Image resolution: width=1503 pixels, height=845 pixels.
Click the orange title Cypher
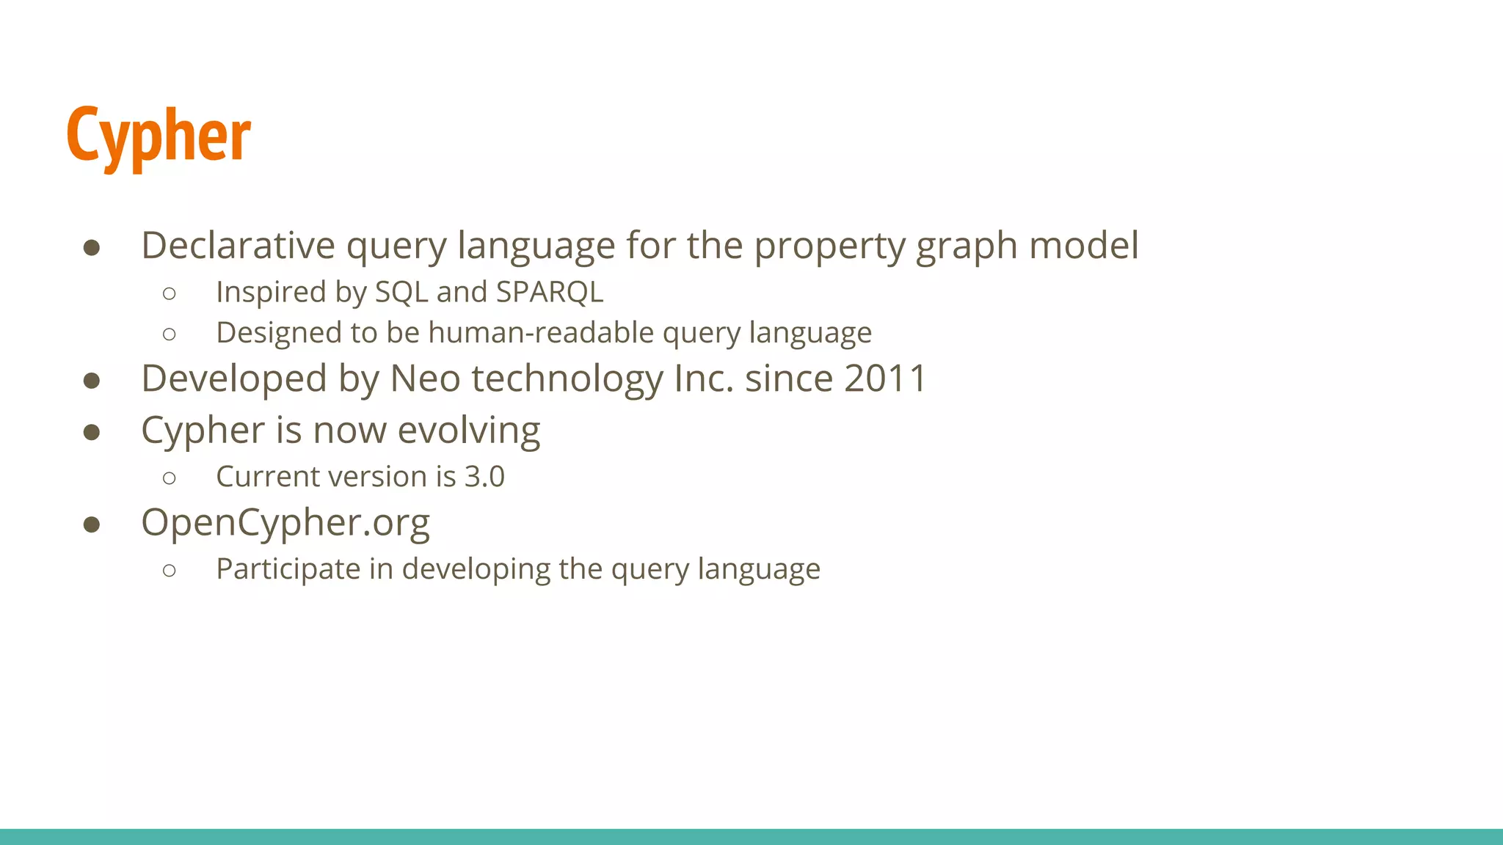159,136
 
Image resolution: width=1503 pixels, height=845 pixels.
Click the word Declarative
238,246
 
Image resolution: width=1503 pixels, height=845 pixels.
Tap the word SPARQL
550,292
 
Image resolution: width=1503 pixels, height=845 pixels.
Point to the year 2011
886,379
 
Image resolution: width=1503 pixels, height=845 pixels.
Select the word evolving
468,431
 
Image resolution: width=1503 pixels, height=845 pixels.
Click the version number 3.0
484,477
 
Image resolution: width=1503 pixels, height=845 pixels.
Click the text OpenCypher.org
285,523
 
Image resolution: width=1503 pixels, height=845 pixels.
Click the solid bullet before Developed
92,381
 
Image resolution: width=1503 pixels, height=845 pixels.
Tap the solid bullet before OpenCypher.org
92,524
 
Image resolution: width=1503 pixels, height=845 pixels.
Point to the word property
829,246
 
